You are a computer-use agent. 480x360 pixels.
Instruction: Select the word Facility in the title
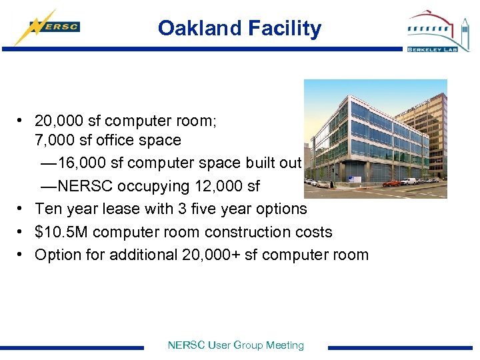[285, 28]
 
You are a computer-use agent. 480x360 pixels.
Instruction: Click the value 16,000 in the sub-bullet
[79, 163]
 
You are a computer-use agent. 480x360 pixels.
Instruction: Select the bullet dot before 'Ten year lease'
[22, 209]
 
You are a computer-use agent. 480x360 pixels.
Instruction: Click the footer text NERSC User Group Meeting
[236, 345]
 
